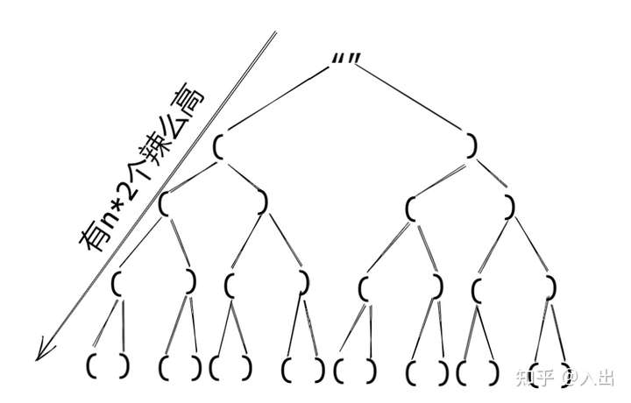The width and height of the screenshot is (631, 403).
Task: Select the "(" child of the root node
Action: pos(218,145)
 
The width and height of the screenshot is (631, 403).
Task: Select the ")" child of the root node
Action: pos(472,145)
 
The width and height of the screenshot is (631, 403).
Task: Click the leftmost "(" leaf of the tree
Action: pos(92,366)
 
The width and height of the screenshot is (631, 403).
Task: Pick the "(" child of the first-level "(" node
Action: pos(163,202)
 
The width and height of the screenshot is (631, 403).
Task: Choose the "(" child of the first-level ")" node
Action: pos(410,209)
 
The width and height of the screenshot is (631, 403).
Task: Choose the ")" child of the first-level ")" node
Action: pos(510,208)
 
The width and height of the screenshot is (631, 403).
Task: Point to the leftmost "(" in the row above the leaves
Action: pos(116,284)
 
